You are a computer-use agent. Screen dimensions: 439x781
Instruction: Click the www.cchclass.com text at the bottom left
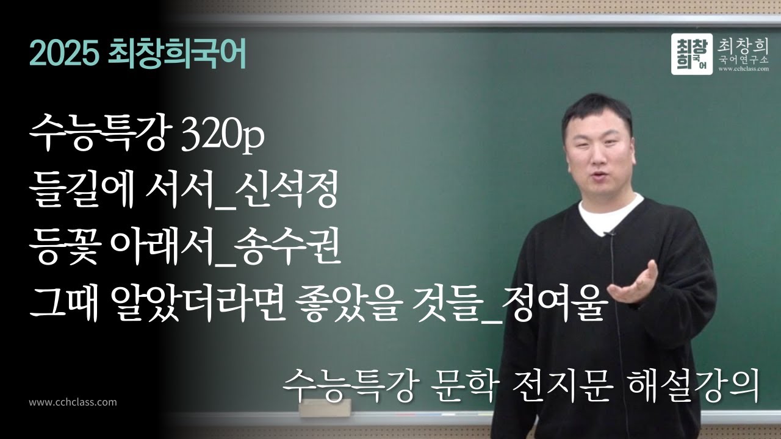pos(73,402)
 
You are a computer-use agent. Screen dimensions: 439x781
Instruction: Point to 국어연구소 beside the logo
pos(744,60)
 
